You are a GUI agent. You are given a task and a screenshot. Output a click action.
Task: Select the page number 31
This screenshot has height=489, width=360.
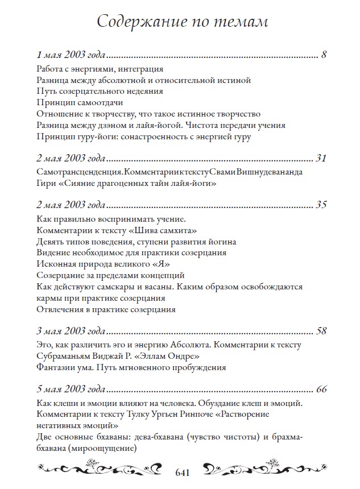pos(319,158)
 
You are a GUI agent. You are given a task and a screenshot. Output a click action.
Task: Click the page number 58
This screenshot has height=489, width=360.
pos(320,330)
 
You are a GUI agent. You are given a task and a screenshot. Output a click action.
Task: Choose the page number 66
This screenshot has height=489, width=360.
pos(320,389)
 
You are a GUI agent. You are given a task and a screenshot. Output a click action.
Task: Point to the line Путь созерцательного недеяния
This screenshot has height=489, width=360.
pos(100,91)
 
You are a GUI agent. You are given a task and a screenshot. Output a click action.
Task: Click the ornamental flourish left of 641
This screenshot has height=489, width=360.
pos(103,470)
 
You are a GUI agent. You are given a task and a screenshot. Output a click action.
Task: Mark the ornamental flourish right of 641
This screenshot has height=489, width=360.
pos(262,470)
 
